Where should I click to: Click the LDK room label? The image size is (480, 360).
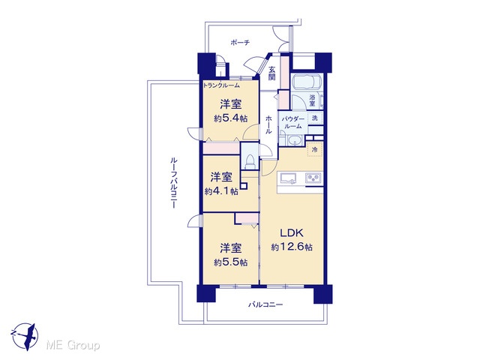tap(292, 233)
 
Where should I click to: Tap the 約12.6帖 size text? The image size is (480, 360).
tap(292, 247)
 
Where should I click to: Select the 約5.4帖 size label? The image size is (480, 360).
tap(231, 118)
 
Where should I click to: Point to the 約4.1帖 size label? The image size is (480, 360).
tap(221, 191)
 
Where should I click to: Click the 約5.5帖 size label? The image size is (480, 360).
tap(231, 262)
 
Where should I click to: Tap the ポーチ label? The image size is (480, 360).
tap(240, 43)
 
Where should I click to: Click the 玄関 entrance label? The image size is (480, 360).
tap(271, 73)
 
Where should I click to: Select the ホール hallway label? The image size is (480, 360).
tap(268, 124)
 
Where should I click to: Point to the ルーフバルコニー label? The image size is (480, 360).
tap(173, 183)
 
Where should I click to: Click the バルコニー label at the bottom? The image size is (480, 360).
tap(265, 304)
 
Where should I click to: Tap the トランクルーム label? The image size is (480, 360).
tap(221, 85)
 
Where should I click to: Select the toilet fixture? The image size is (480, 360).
tap(250, 161)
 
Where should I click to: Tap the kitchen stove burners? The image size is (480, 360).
tap(313, 178)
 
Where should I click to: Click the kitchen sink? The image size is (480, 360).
tap(287, 178)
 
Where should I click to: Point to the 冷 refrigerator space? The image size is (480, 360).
tap(314, 150)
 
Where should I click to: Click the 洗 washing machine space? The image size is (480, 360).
tap(315, 118)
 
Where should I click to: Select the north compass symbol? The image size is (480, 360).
tap(25, 335)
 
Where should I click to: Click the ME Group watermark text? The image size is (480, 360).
tap(73, 346)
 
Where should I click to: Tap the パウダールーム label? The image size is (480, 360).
tap(293, 122)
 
